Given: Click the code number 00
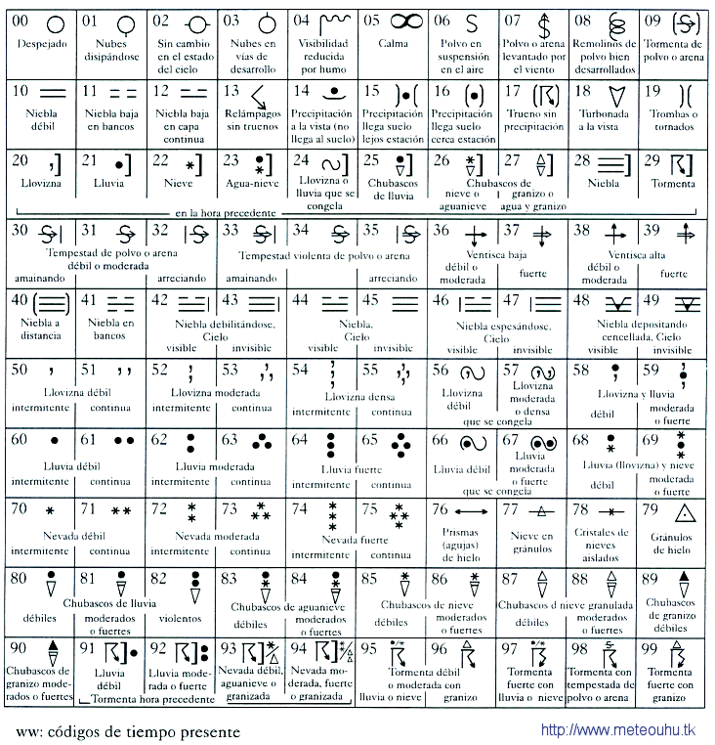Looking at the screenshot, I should pos(20,20).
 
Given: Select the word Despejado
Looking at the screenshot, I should pos(39,44).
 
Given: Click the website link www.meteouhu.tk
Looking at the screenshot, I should pos(616,729).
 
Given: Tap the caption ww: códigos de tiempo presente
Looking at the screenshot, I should pos(127,730).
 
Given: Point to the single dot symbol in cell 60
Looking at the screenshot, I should pos(54,441).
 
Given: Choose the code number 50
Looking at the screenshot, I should pos(19,371).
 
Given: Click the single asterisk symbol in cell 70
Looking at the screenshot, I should pos(50,511).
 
